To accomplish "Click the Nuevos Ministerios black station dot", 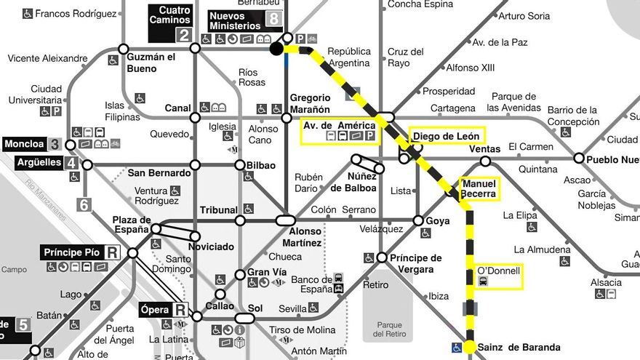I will (276, 49).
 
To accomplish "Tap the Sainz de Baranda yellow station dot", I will (470, 347).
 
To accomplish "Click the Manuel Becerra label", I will (479, 188).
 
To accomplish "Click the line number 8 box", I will (273, 20).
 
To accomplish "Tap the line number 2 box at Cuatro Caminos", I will (183, 35).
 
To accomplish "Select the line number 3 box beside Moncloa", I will (55, 143).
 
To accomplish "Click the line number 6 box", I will (84, 204).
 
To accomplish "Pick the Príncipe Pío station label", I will (71, 252).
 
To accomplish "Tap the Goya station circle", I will (418, 220).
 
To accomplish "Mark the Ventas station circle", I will (485, 161).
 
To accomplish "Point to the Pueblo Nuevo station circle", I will (579, 158).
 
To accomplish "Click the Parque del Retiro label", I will (388, 329).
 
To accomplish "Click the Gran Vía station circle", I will (240, 275).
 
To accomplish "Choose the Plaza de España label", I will (132, 225).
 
